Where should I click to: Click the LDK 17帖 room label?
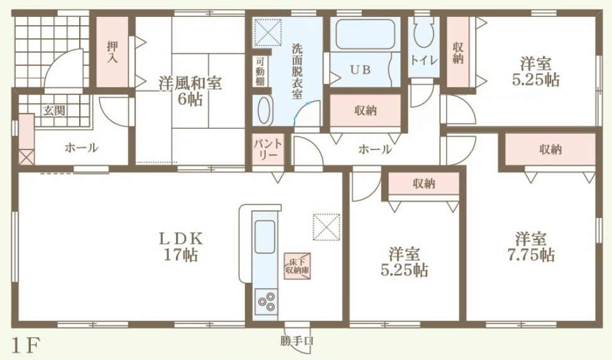(x=180, y=247)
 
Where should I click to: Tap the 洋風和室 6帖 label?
(x=190, y=92)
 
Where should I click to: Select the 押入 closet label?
(x=112, y=52)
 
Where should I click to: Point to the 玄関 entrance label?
(x=54, y=111)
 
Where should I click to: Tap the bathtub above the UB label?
(x=365, y=34)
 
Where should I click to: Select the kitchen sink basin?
(x=265, y=237)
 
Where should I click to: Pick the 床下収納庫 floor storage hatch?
(x=297, y=266)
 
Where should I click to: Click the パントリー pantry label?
(x=268, y=149)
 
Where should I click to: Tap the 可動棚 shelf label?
(x=260, y=72)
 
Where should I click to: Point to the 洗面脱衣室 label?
(x=297, y=72)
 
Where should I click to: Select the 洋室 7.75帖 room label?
(x=530, y=247)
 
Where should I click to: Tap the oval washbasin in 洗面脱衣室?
(x=265, y=111)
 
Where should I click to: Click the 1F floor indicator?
(x=26, y=345)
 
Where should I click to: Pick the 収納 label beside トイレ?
(x=457, y=53)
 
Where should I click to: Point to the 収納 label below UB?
(x=365, y=111)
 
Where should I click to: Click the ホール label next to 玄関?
(x=81, y=148)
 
